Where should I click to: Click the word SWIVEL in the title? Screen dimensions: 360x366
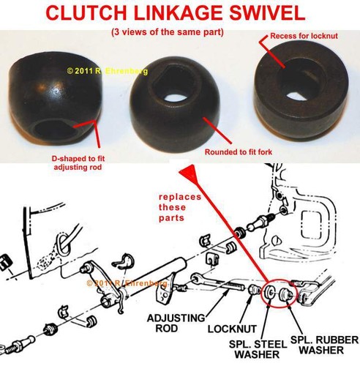tap(267, 13)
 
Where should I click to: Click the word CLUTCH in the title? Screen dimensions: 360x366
tap(87, 13)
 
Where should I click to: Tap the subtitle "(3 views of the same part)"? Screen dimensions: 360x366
tap(168, 32)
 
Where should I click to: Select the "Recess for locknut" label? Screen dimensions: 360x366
tap(304, 36)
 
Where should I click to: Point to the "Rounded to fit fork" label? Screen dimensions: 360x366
tap(239, 152)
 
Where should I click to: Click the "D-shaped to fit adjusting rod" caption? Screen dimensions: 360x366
tap(78, 163)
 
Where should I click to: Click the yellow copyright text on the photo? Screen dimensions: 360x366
tap(108, 71)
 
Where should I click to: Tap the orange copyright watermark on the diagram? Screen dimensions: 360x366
tap(127, 283)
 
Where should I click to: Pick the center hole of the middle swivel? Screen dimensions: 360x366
tap(176, 97)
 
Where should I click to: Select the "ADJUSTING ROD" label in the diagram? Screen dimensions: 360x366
tap(176, 323)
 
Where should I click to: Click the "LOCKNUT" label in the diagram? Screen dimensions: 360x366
tap(232, 329)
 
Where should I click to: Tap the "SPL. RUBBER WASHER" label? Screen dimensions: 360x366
tap(325, 345)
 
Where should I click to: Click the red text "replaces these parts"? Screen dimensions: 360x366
tap(180, 207)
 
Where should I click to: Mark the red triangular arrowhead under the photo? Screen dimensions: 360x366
tap(188, 173)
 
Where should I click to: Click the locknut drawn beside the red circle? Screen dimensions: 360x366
tap(255, 289)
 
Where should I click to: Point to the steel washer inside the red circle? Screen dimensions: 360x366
tap(271, 291)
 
